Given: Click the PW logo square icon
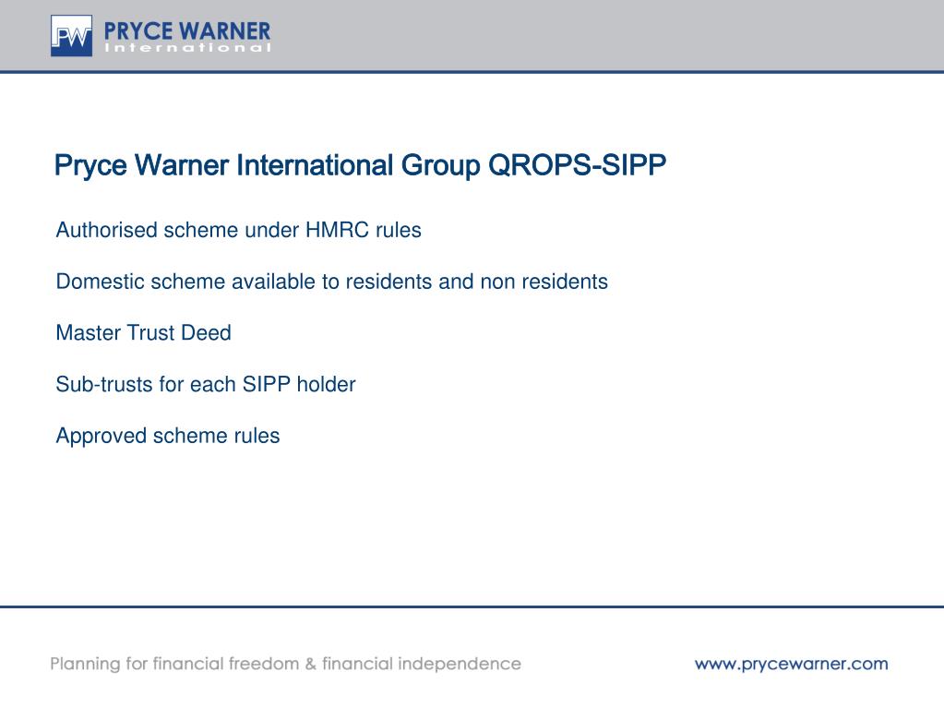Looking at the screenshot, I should (x=72, y=36).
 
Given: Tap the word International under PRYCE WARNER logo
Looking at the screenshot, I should (x=188, y=48).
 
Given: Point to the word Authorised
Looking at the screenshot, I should (x=107, y=230).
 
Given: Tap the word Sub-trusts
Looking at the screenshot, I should (x=104, y=385).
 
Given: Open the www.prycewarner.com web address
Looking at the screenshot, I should (x=791, y=664).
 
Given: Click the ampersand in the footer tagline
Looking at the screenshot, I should (x=310, y=664).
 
